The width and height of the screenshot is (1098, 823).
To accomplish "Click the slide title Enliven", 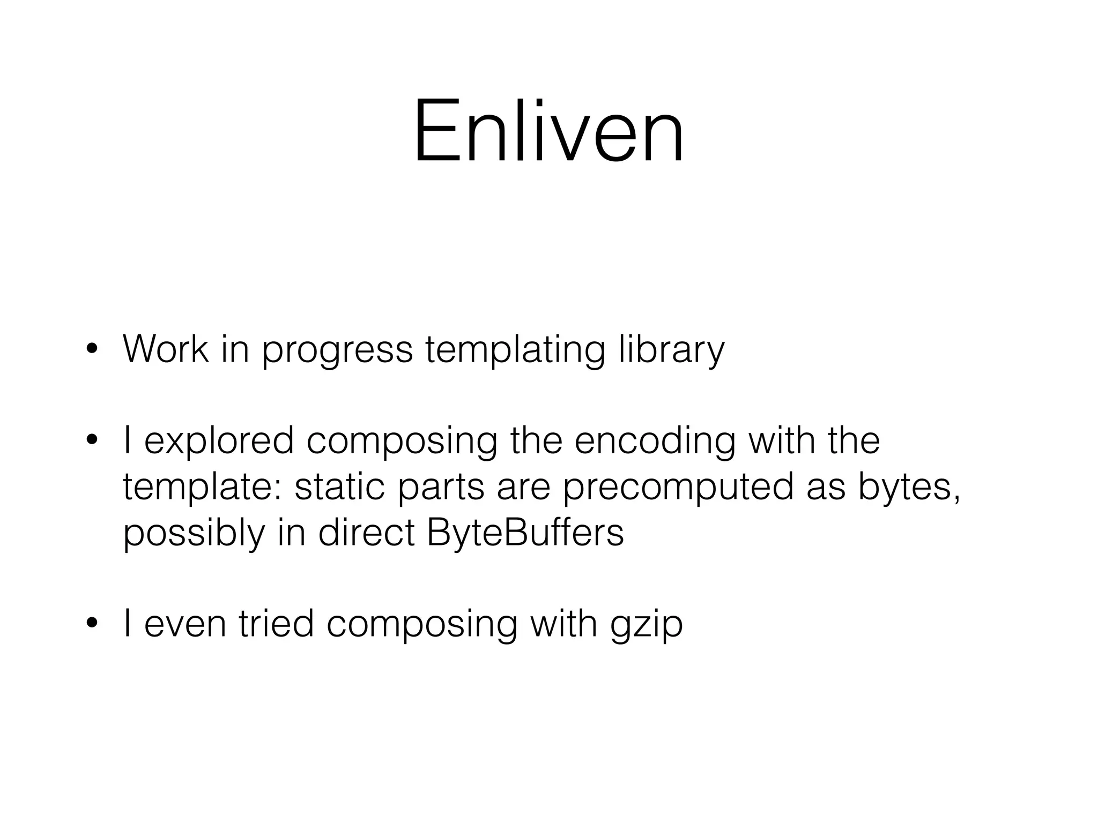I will pos(548,132).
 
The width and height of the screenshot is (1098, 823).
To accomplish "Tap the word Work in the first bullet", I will pos(166,349).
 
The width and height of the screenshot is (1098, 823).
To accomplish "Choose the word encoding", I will pos(655,442).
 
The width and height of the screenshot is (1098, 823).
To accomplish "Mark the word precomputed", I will pos(678,489).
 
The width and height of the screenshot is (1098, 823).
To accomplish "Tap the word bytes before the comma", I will pos(903,489).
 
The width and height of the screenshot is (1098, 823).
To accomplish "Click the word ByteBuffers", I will pos(525,533).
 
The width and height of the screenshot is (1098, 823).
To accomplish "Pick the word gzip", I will pos(647,626).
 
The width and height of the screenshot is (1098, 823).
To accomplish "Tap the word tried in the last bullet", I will pos(276,624).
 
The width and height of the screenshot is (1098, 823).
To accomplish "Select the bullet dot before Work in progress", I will pos(92,350).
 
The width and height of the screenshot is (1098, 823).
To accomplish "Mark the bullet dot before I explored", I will pos(92,441).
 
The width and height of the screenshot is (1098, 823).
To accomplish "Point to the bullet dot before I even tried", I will pos(92,624).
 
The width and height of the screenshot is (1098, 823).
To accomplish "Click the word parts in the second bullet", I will pos(441,489).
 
